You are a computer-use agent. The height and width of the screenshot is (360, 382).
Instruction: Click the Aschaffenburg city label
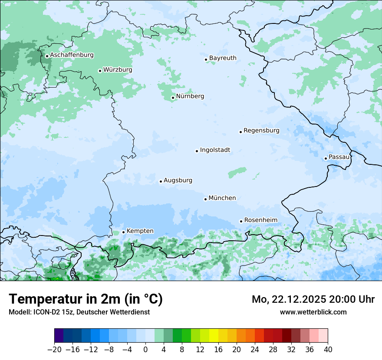click(x=72, y=55)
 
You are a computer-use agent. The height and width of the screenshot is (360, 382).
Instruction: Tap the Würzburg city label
click(x=118, y=70)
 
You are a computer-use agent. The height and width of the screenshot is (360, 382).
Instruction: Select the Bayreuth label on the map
click(x=223, y=58)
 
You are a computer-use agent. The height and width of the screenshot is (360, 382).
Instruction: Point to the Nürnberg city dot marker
click(x=173, y=98)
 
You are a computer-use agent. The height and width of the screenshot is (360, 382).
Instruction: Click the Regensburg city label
click(x=261, y=131)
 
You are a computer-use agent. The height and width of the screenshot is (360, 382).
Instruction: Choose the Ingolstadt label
click(x=215, y=150)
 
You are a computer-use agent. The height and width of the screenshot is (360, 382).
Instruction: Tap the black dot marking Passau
click(x=326, y=158)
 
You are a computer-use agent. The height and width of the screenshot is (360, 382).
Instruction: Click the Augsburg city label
click(x=178, y=180)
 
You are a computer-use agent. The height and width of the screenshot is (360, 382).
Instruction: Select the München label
click(x=222, y=198)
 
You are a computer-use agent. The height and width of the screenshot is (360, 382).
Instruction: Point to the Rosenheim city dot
click(x=241, y=221)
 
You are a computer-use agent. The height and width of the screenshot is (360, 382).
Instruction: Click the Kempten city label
click(x=140, y=231)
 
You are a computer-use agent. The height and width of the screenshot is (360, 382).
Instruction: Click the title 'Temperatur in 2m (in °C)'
click(x=86, y=299)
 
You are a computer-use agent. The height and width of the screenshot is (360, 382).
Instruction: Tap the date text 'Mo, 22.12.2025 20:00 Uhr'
click(x=313, y=299)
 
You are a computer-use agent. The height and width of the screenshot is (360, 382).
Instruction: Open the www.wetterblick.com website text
click(x=313, y=312)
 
